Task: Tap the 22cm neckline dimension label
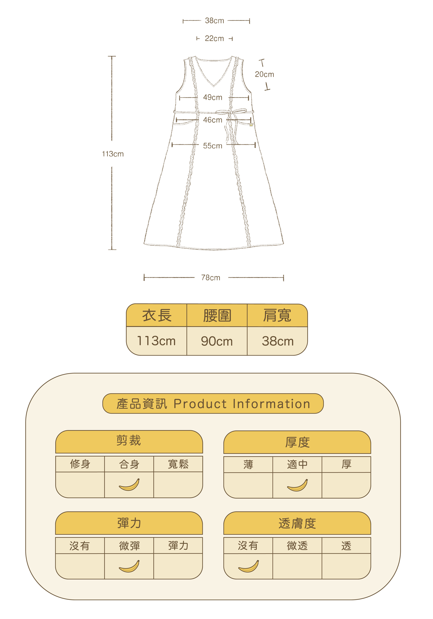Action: pyautogui.click(x=214, y=39)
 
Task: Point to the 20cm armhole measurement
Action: pyautogui.click(x=265, y=74)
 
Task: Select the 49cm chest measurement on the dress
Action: pyautogui.click(x=213, y=97)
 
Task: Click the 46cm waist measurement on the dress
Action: pyautogui.click(x=213, y=120)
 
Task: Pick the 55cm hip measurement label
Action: pyautogui.click(x=213, y=146)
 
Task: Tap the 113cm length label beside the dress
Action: pyautogui.click(x=113, y=154)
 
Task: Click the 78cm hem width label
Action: pyautogui.click(x=211, y=278)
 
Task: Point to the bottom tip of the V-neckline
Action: pyautogui.click(x=214, y=86)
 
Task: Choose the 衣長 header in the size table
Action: pyautogui.click(x=157, y=315)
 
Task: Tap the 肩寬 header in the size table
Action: pyautogui.click(x=277, y=315)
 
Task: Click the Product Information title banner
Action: pyautogui.click(x=213, y=404)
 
